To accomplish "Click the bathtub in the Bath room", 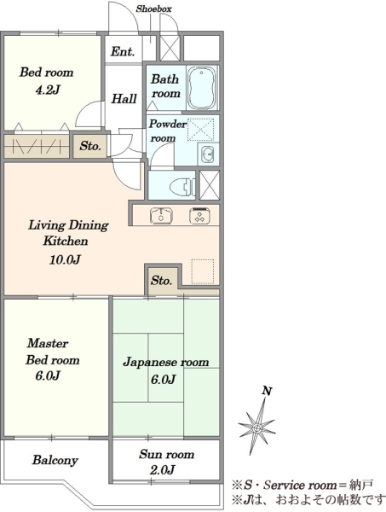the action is point(202,88).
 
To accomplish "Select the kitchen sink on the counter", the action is point(161,216).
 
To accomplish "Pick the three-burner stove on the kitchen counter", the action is point(199,216).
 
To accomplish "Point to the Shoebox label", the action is point(153,9).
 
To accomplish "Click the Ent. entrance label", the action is point(122,51).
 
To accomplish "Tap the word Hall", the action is point(124,99).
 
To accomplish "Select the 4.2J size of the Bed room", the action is point(48,90).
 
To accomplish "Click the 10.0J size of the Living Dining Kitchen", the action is point(66,259).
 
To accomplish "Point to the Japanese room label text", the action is point(166,363).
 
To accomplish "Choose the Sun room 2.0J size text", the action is point(163,469).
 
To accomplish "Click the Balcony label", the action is point(55,461).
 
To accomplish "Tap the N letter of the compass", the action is point(268,391).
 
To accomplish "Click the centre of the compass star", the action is point(257,428).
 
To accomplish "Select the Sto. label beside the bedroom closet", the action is point(89,146).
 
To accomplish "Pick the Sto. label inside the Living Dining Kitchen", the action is point(161,281).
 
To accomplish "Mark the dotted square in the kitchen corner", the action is point(203,271).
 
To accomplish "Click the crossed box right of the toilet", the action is point(209,185).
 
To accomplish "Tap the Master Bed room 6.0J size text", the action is point(48,375).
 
